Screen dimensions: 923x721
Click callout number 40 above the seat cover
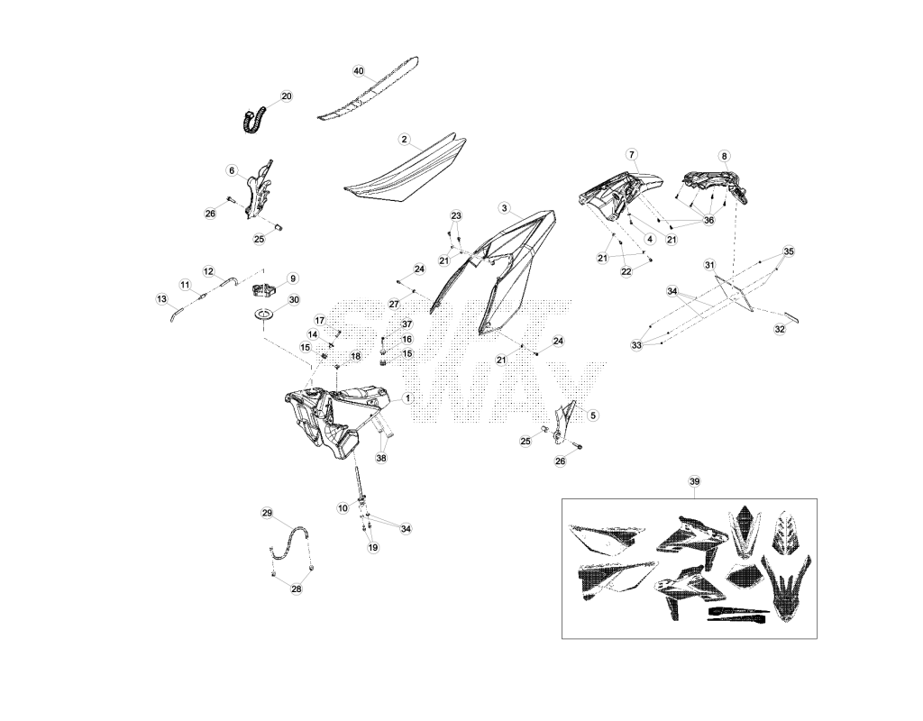click(359, 70)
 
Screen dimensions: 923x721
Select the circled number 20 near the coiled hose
click(287, 96)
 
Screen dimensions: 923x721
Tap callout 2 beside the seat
click(404, 140)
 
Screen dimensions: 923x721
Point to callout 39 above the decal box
click(695, 481)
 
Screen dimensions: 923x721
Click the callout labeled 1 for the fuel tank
click(407, 398)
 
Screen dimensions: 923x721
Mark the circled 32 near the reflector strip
click(780, 330)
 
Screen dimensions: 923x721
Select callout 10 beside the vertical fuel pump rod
click(343, 508)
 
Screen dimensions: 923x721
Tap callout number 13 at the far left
click(162, 299)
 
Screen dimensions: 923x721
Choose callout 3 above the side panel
click(504, 208)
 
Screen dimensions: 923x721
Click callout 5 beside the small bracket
click(593, 415)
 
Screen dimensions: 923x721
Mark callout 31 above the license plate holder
click(709, 266)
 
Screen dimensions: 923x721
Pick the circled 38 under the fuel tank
click(381, 458)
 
